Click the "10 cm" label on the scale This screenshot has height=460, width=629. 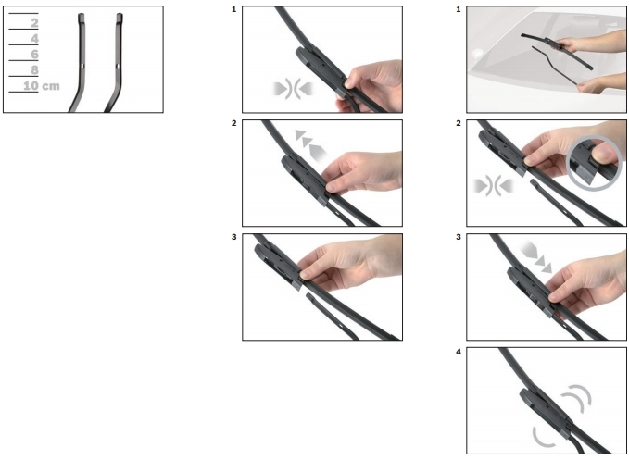pyautogui.click(x=42, y=86)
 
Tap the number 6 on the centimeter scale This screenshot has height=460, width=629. pyautogui.click(x=35, y=54)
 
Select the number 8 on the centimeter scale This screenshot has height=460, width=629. pyautogui.click(x=35, y=70)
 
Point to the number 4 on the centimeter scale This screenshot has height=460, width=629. pyautogui.click(x=35, y=39)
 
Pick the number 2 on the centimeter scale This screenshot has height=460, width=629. pyautogui.click(x=35, y=23)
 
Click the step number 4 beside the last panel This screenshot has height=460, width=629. pyautogui.click(x=459, y=352)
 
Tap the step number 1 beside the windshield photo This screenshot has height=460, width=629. pyautogui.click(x=459, y=9)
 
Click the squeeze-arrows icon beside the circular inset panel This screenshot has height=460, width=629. pyautogui.click(x=493, y=186)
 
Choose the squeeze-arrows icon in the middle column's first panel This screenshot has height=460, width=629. pyautogui.click(x=293, y=89)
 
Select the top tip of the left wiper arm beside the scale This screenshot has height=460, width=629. pyautogui.click(x=81, y=15)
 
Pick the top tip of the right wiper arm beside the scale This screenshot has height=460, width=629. pyautogui.click(x=120, y=15)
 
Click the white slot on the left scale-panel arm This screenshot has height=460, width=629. pyautogui.click(x=82, y=66)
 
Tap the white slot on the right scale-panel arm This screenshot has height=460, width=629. pyautogui.click(x=118, y=66)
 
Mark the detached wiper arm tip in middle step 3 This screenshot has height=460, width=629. pyautogui.click(x=308, y=296)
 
